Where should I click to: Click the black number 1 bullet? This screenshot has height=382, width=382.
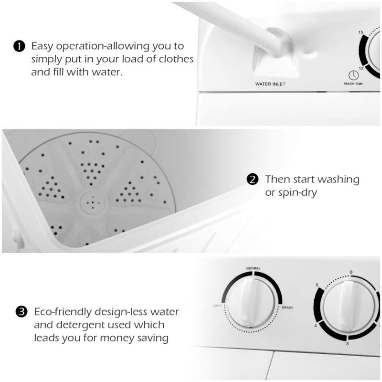tap(18, 46)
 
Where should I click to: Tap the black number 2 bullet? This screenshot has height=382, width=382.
tap(252, 180)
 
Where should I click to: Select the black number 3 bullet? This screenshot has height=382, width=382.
tap(21, 313)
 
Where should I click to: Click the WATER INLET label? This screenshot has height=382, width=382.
tap(270, 84)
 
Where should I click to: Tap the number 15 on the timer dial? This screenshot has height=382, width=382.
tap(362, 32)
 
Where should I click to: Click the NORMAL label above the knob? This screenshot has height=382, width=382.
tap(253, 269)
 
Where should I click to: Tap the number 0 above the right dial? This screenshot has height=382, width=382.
tap(351, 272)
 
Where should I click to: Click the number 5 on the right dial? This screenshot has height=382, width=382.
tap(317, 286)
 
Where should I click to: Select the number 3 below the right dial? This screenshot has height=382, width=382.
tap(347, 344)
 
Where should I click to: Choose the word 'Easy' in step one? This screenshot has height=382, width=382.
tap(42, 46)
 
